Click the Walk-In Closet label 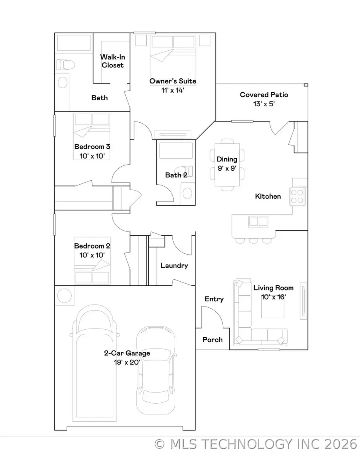point(112,61)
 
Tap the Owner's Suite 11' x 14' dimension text point(173,90)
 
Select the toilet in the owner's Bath point(64,64)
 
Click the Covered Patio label point(264,95)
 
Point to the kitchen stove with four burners point(298,196)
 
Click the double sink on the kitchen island point(258,221)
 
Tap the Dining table point(227,164)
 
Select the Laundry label point(174,265)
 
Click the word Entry point(214,299)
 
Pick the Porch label point(212,340)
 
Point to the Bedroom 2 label point(92,246)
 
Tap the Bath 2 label point(176,175)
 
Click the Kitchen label point(268,196)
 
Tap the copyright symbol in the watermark point(160,444)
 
